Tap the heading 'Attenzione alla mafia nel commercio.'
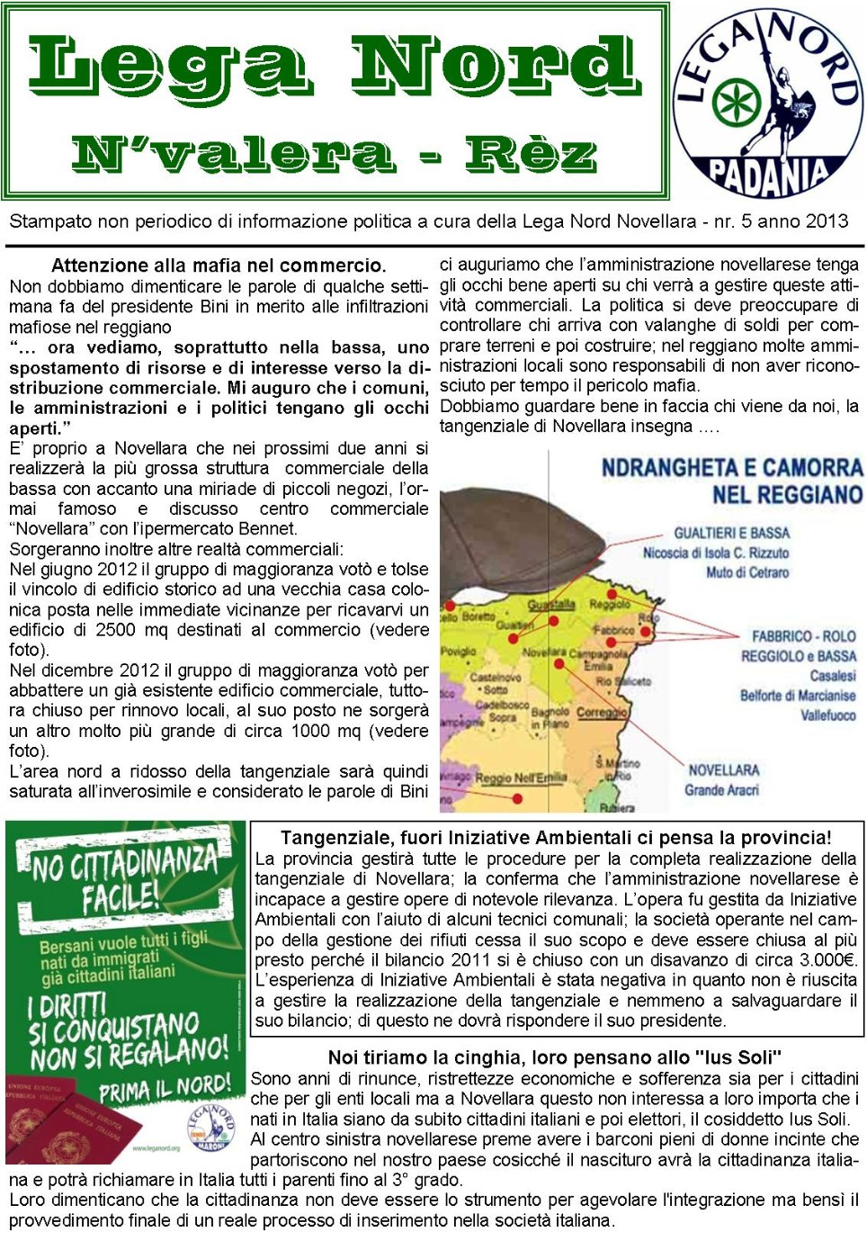pos(219,265)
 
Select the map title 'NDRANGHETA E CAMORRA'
pos(731,468)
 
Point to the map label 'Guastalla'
pos(550,605)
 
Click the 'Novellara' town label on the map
pos(544,652)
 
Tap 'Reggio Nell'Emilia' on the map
pos(521,778)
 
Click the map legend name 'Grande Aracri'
pos(721,790)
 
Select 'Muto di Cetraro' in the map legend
pos(746,572)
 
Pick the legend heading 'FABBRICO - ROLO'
pos(803,636)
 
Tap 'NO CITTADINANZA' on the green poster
pos(125,864)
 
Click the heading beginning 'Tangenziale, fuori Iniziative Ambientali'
pos(555,838)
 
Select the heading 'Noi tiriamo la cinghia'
pos(554,1057)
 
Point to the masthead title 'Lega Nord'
pos(333,67)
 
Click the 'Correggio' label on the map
pos(602,712)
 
